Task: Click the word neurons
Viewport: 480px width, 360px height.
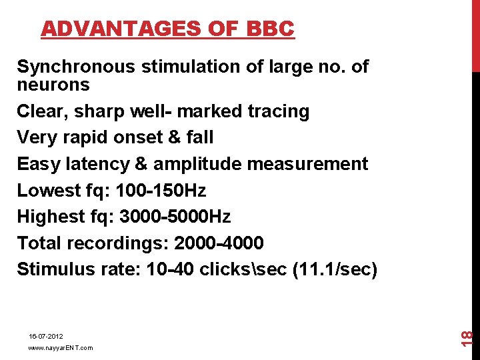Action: (x=53, y=85)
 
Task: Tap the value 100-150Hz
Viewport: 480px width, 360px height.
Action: (x=161, y=191)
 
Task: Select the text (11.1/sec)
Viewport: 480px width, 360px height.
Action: (x=335, y=269)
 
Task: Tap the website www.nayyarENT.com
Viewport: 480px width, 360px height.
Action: (x=61, y=348)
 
